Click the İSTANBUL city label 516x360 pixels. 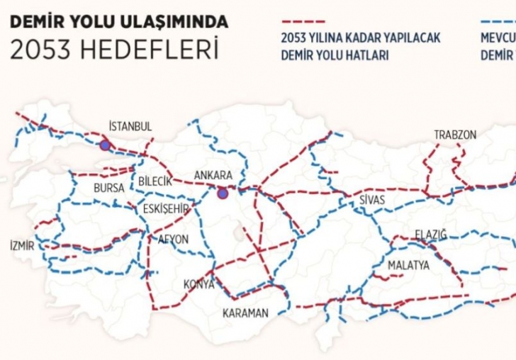pyautogui.click(x=130, y=126)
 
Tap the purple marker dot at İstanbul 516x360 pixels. pyautogui.click(x=105, y=145)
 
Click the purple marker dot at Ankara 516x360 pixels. pyautogui.click(x=223, y=192)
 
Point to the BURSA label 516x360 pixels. pyautogui.click(x=109, y=189)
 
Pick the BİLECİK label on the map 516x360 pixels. pyautogui.click(x=156, y=181)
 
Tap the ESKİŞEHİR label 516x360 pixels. pyautogui.click(x=166, y=208)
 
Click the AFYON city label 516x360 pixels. pyautogui.click(x=173, y=240)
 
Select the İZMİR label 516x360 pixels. pyautogui.click(x=21, y=246)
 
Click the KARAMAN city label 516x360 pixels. pyautogui.click(x=246, y=313)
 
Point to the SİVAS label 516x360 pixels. pyautogui.click(x=372, y=200)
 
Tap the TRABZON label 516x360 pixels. pyautogui.click(x=455, y=135)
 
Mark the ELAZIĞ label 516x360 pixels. pyautogui.click(x=431, y=235)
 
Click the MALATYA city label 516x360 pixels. pyautogui.click(x=408, y=265)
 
